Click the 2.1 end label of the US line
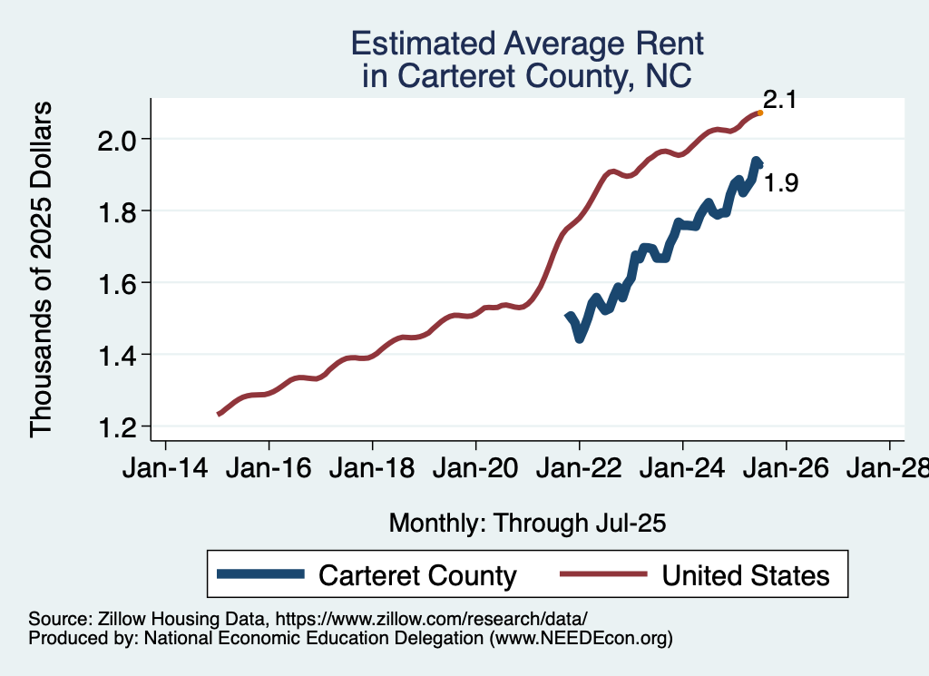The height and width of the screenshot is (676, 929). [x=778, y=100]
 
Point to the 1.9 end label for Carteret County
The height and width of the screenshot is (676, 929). [x=780, y=183]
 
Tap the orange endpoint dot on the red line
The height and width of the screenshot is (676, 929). [x=759, y=113]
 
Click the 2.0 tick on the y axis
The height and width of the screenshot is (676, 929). [x=116, y=139]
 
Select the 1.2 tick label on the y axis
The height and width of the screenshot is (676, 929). [x=116, y=426]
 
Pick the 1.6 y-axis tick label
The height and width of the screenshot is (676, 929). [x=116, y=283]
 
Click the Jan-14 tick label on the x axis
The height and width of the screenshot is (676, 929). [x=165, y=470]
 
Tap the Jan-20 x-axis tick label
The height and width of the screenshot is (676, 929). [x=476, y=470]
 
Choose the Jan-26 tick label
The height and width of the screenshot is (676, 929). [x=786, y=470]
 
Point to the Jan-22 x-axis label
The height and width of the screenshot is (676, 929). [x=580, y=470]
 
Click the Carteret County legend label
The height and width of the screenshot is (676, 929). [x=417, y=575]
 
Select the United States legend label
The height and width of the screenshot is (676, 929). [x=745, y=575]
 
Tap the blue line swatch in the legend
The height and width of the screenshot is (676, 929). [x=261, y=574]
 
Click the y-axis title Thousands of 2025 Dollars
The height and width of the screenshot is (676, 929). [x=44, y=269]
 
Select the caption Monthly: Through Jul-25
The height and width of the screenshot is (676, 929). [x=527, y=524]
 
